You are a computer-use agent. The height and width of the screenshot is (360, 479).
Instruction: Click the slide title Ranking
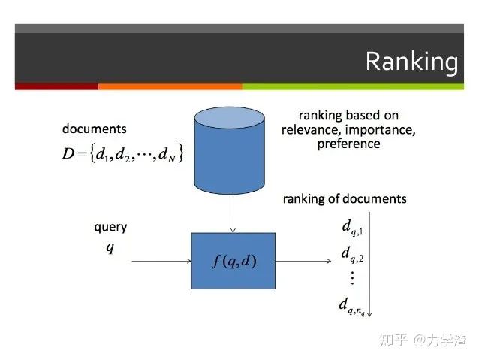(x=411, y=62)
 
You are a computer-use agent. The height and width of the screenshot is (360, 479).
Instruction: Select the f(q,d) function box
(x=233, y=262)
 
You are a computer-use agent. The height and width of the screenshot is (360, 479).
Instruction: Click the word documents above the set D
(x=94, y=129)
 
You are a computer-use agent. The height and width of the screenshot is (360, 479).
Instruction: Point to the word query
(x=110, y=227)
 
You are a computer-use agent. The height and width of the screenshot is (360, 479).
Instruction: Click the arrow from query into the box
(x=161, y=262)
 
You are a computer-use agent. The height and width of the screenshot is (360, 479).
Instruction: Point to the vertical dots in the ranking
(x=351, y=278)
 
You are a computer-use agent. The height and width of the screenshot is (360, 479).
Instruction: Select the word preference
(x=348, y=143)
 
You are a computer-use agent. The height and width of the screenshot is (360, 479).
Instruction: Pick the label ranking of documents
(x=345, y=199)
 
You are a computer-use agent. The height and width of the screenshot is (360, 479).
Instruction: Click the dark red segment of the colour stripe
(x=56, y=86)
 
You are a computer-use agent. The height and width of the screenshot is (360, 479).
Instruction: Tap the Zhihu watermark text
(x=423, y=340)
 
